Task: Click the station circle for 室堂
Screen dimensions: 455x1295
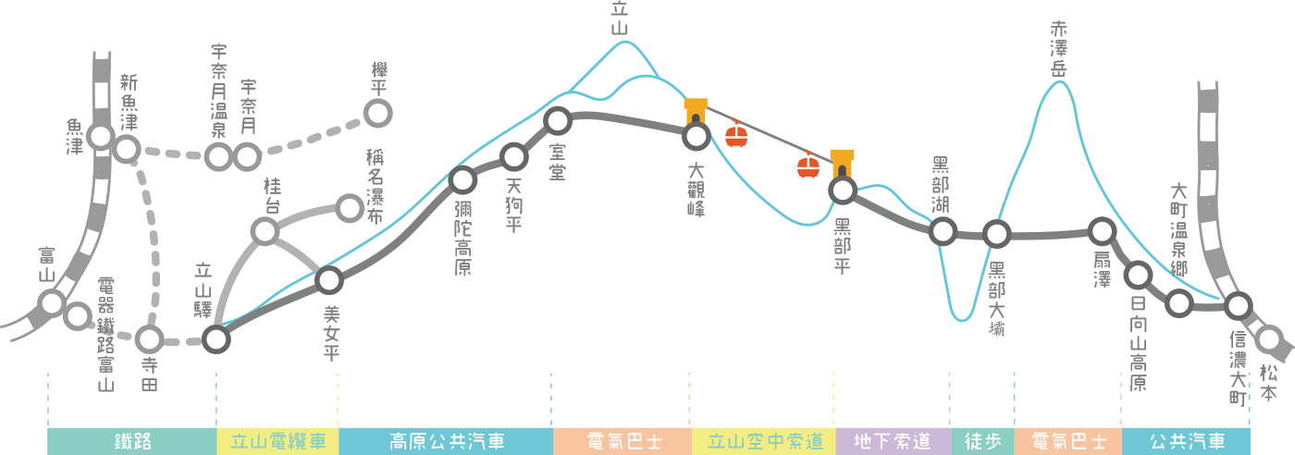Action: point(558,120)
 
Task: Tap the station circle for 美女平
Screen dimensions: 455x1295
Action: point(329,279)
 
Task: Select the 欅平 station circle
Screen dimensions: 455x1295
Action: point(377,113)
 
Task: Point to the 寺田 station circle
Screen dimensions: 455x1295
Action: point(149,339)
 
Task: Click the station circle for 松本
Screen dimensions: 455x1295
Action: point(1269,339)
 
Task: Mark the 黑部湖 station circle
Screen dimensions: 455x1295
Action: point(943,230)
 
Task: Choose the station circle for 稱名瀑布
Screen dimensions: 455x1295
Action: point(350,208)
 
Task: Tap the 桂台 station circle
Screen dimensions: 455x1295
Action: point(265,230)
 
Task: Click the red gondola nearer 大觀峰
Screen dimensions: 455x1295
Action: point(736,136)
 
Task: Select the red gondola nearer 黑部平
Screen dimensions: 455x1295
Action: point(808,166)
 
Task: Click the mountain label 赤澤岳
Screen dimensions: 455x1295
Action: point(1059,49)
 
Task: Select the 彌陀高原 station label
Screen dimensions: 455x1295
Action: point(463,239)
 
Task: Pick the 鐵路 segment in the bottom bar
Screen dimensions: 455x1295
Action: point(131,441)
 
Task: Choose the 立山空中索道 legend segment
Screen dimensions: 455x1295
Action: point(764,441)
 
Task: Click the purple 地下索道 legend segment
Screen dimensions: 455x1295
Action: point(893,441)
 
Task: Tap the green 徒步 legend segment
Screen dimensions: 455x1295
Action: point(982,441)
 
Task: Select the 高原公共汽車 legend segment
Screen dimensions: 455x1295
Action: point(446,441)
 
